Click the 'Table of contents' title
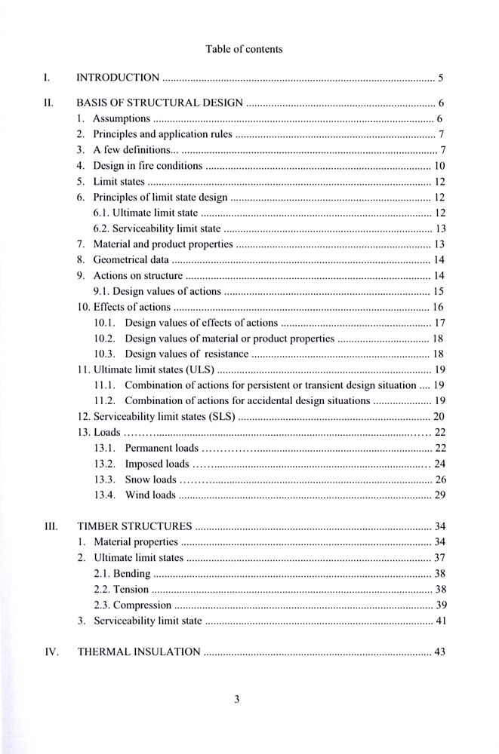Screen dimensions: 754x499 (244, 49)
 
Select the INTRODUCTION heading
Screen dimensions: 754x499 (119, 77)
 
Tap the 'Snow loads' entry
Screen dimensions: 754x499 (150, 480)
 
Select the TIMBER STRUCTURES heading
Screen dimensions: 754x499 (135, 526)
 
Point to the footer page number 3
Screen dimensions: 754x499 (236, 699)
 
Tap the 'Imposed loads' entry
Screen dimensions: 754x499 (156, 464)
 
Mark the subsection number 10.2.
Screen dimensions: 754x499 (105, 339)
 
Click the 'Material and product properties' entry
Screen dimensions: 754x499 (162, 244)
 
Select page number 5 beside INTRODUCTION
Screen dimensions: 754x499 (440, 77)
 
